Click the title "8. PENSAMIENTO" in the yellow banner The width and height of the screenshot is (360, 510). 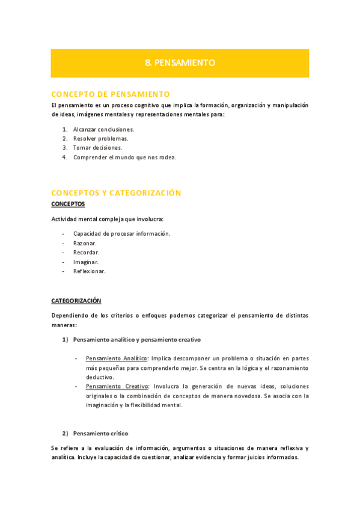pyautogui.click(x=180, y=63)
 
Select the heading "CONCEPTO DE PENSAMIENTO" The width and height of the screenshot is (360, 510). pyautogui.click(x=111, y=94)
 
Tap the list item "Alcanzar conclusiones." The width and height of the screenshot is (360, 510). pyautogui.click(x=103, y=129)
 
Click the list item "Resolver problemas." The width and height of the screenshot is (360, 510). pyautogui.click(x=100, y=138)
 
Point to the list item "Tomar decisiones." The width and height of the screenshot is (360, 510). pyautogui.click(x=97, y=147)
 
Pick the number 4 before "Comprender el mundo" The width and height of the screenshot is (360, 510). pyautogui.click(x=64, y=157)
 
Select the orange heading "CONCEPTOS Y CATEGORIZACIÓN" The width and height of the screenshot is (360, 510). pyautogui.click(x=116, y=193)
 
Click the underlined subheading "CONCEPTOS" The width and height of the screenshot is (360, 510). pyautogui.click(x=68, y=204)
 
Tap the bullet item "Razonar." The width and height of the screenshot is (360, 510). pyautogui.click(x=85, y=243)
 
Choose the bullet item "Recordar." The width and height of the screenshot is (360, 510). pyautogui.click(x=86, y=253)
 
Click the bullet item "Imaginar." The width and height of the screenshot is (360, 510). pyautogui.click(x=86, y=262)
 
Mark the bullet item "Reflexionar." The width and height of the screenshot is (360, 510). pyautogui.click(x=90, y=271)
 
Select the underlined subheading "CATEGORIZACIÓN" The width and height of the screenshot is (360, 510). pyautogui.click(x=76, y=300)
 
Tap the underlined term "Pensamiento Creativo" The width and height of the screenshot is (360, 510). pyautogui.click(x=117, y=386)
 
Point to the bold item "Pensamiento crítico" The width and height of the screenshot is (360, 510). pyautogui.click(x=100, y=433)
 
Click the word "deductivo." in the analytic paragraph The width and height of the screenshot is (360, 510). pyautogui.click(x=100, y=377)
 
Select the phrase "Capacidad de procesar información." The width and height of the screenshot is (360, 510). pyautogui.click(x=121, y=233)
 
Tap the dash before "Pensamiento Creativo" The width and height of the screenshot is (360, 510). pyautogui.click(x=76, y=386)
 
